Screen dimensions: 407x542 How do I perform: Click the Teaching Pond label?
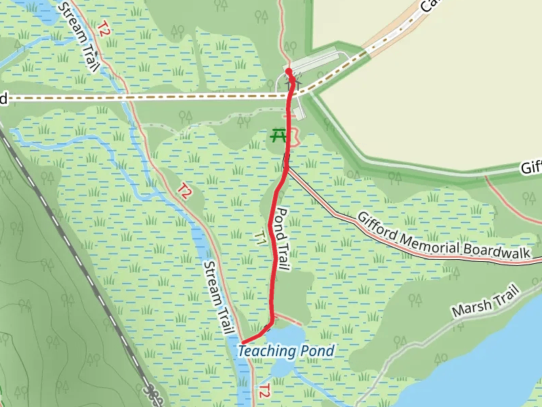point(286,351)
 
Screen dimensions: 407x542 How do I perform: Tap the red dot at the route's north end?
point(289,71)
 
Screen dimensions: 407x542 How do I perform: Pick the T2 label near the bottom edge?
point(265,392)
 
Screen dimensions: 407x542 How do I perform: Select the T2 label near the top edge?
point(103,28)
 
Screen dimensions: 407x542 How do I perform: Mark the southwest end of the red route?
point(243,341)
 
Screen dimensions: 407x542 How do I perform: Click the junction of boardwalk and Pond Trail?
point(287,169)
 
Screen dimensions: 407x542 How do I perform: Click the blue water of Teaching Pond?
point(288,336)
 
